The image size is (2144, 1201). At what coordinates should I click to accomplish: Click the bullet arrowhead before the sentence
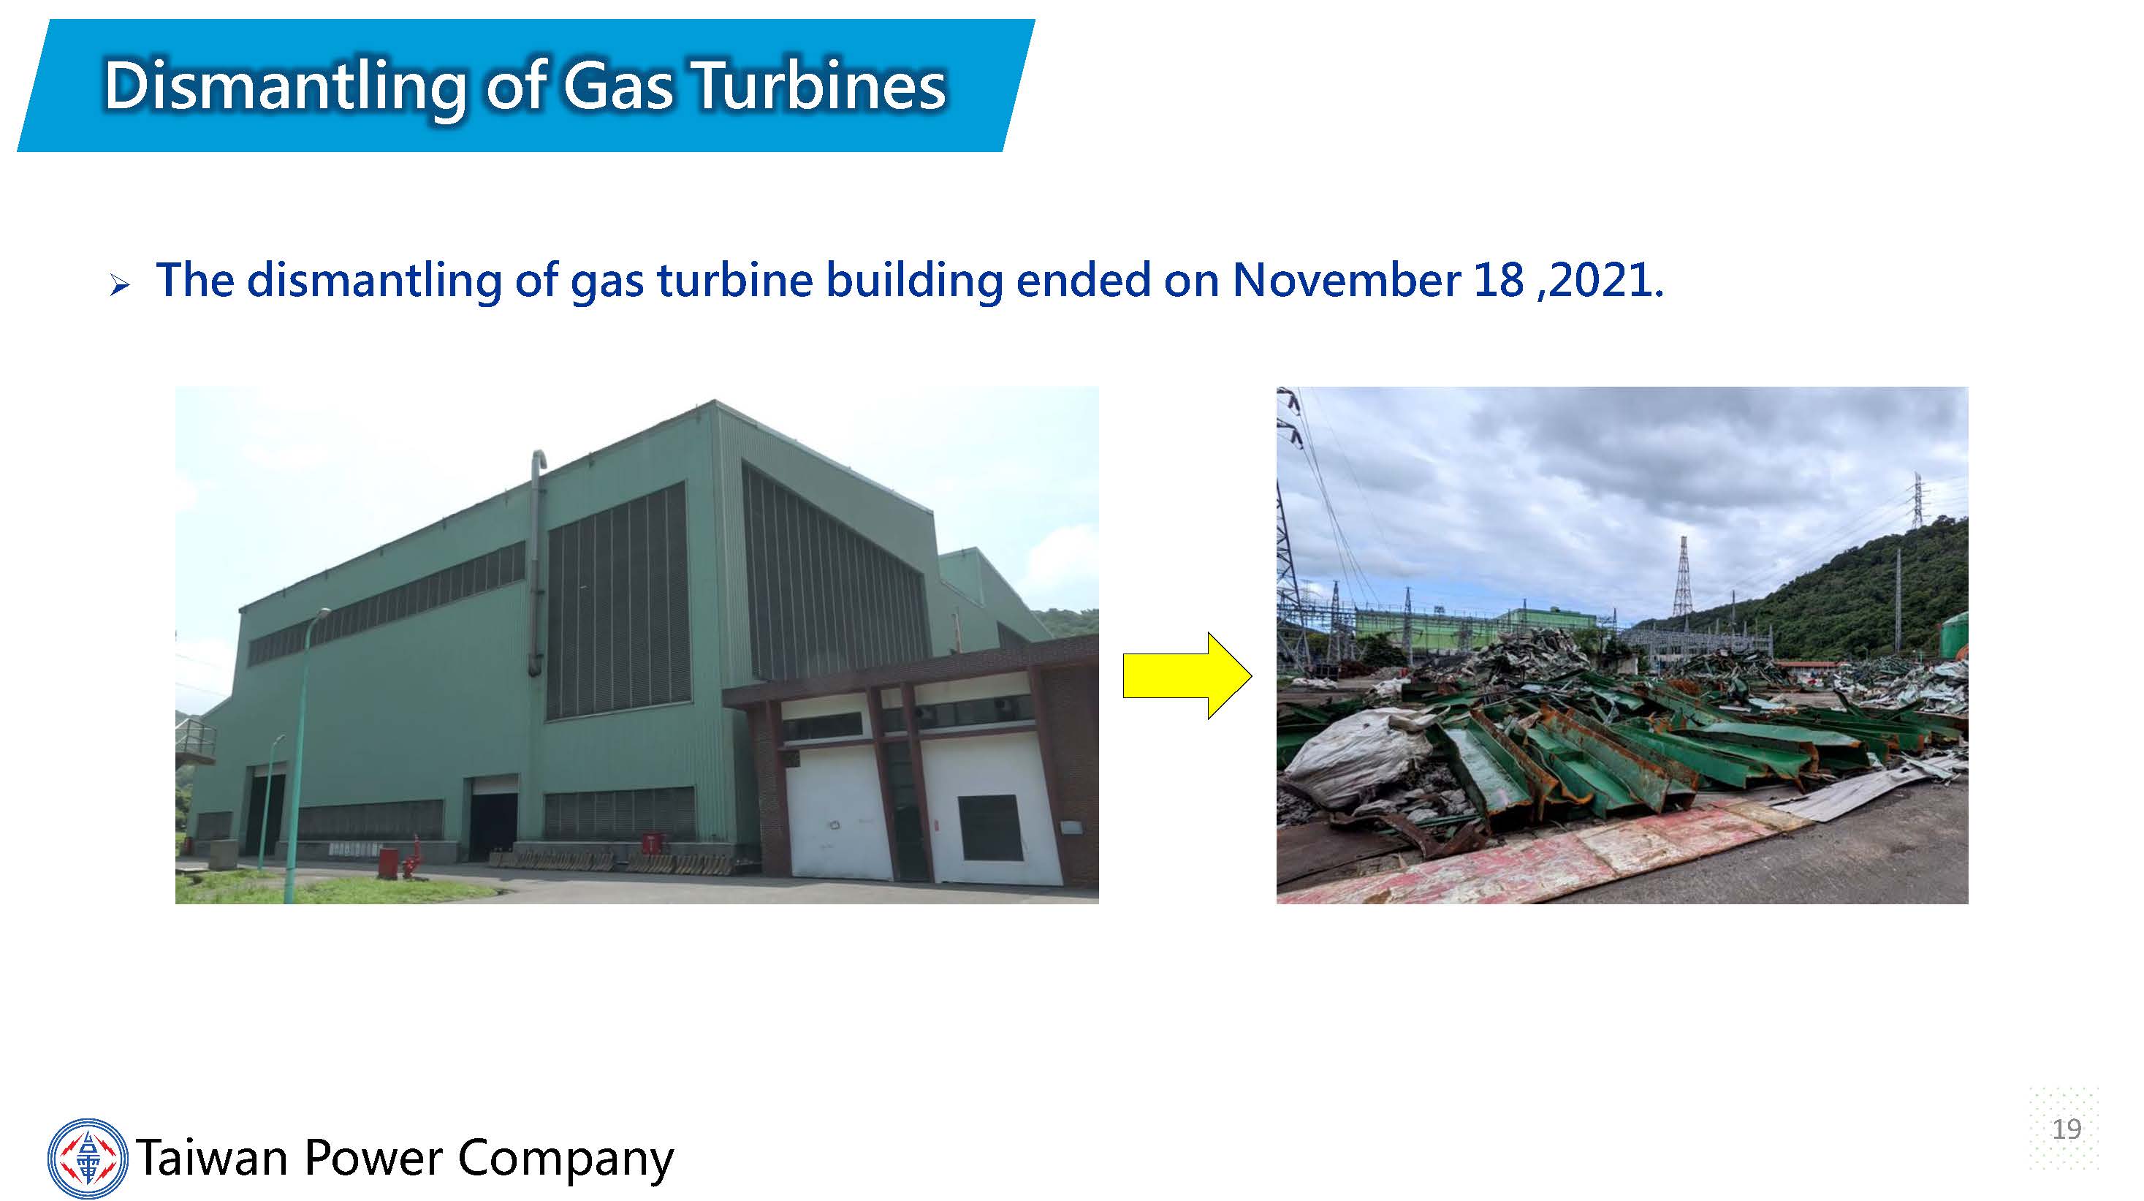pos(120,287)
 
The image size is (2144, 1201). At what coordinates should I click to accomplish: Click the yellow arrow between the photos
pos(1187,675)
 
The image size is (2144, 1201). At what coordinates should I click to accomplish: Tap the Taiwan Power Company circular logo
pos(88,1158)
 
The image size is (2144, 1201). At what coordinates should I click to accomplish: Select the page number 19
pos(2066,1129)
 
